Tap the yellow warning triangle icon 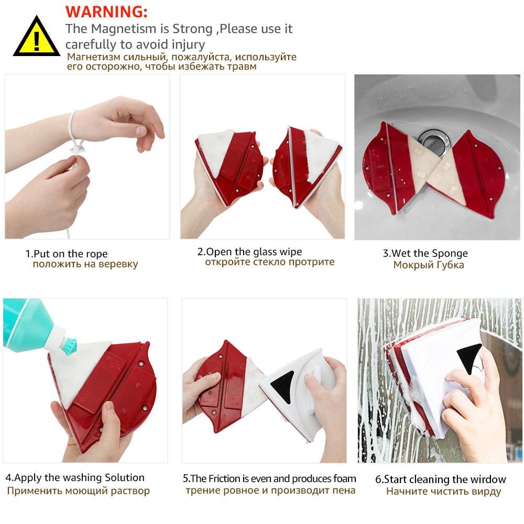point(37,37)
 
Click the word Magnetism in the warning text point(124,29)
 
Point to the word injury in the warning point(189,45)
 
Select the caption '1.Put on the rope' point(67,254)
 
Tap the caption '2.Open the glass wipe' point(249,252)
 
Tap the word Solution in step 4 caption point(125,477)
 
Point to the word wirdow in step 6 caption point(487,479)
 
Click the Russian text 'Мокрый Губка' point(429,265)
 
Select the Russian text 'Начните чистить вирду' point(443,492)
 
